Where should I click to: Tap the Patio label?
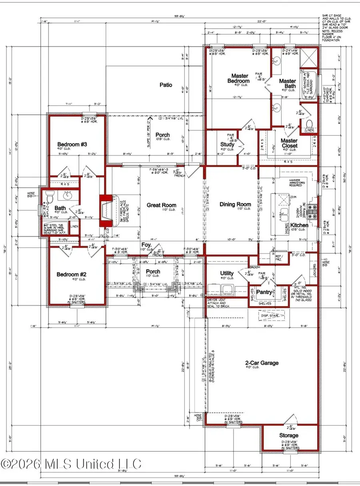coord(166,85)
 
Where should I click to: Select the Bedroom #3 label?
coord(72,144)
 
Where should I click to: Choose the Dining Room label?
coord(235,204)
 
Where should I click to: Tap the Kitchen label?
coord(299,225)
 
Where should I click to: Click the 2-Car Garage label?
coord(262,363)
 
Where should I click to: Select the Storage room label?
coord(288,435)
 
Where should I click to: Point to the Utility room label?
coord(226,273)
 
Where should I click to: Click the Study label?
coord(227,145)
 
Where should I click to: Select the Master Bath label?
coord(287,84)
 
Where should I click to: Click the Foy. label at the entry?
coord(146,244)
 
